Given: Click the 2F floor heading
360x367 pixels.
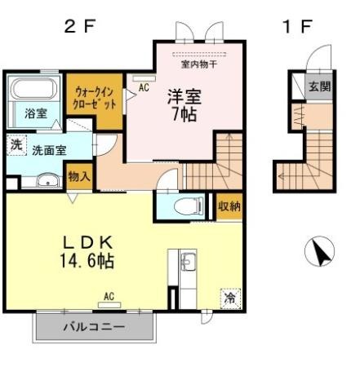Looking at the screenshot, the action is pos(80,27).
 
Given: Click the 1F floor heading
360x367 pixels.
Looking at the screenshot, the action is pos(297,27).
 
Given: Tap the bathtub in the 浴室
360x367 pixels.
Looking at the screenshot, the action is pos(34,88).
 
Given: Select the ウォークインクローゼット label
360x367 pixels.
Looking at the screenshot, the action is pos(95,98).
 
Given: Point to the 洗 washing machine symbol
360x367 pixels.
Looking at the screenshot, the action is pos(16,145).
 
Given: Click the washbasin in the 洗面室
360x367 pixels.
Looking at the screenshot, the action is pos(48,180).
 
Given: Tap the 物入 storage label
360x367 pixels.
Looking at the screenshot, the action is pos(79,177).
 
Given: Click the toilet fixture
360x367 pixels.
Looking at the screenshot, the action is pos(189,206).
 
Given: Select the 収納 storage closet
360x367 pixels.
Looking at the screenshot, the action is pos(229,206).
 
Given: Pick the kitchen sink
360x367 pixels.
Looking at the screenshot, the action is pos(188,262).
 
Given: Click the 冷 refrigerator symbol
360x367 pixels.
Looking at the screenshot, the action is pos(230,298).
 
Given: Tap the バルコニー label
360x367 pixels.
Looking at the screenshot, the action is pos(95,326).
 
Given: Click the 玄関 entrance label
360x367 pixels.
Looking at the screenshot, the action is pos(319,86).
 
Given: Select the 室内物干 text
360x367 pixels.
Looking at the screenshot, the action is pos(199,64).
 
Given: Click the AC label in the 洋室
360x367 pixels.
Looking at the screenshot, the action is pos(144,87).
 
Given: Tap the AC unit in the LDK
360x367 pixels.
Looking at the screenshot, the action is pos(109,305).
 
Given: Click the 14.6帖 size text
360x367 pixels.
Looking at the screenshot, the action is pos(87,261).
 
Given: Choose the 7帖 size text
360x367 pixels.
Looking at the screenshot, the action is pos(184,115).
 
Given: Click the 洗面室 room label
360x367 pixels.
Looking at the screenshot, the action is pos(49,150).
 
